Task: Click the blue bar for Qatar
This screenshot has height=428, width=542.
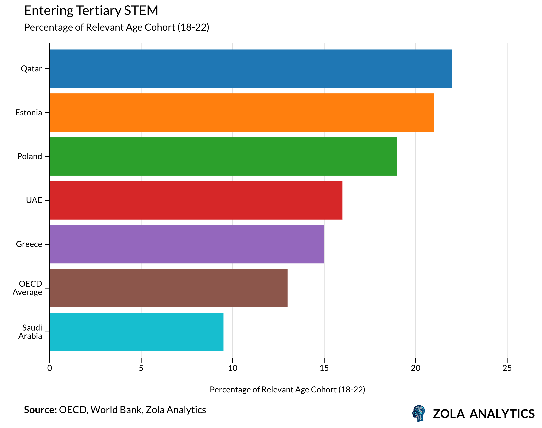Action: pyautogui.click(x=251, y=69)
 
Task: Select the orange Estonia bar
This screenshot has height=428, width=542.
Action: pyautogui.click(x=242, y=113)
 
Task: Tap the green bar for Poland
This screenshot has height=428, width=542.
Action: pyautogui.click(x=223, y=156)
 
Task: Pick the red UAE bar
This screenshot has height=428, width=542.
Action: pyautogui.click(x=196, y=200)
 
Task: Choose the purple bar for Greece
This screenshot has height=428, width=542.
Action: pyautogui.click(x=187, y=244)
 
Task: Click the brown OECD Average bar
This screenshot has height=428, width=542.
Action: pyautogui.click(x=169, y=288)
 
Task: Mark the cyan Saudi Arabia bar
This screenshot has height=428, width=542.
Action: pyautogui.click(x=137, y=332)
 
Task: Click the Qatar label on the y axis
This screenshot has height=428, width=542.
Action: pyautogui.click(x=31, y=69)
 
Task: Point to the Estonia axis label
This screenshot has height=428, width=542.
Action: pyautogui.click(x=29, y=113)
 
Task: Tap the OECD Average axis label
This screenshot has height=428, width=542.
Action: pyautogui.click(x=28, y=288)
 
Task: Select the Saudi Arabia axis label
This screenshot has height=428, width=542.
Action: pyautogui.click(x=30, y=332)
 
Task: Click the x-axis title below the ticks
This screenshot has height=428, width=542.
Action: pyautogui.click(x=287, y=390)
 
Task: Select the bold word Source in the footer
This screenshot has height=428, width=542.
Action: pyautogui.click(x=40, y=410)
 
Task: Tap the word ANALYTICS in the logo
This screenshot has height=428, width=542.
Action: pyautogui.click(x=502, y=414)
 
